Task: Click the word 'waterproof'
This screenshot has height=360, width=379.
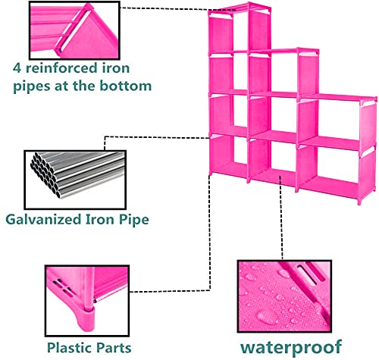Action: tap(291, 348)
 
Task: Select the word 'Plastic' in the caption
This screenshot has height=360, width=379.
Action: tap(66, 347)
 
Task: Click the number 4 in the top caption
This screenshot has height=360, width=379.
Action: tap(17, 67)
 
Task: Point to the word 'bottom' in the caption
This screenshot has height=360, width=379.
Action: tap(125, 86)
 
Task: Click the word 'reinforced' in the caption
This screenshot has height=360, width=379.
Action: tap(61, 68)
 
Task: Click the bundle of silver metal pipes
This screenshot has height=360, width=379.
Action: tap(77, 174)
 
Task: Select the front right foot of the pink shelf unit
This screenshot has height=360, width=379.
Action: tap(359, 202)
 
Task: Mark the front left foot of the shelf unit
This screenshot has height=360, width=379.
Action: tap(211, 174)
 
